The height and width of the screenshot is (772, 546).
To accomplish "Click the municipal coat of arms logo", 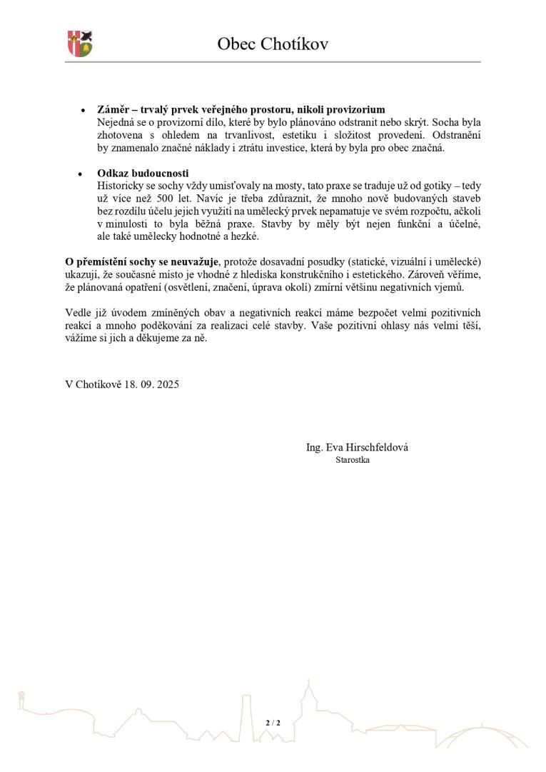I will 80,44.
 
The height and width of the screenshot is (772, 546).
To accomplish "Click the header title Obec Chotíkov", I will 273,44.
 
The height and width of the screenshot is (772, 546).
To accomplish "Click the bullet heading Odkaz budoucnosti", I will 143,173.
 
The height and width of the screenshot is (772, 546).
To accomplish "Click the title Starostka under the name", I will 353,460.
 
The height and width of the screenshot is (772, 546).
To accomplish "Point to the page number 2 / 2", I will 273,723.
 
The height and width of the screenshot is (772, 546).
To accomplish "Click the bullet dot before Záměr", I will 83,111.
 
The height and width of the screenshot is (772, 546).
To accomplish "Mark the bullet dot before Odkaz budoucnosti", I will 83,174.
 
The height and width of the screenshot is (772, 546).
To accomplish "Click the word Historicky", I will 121,186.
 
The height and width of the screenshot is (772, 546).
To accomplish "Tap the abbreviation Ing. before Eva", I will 314,447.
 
